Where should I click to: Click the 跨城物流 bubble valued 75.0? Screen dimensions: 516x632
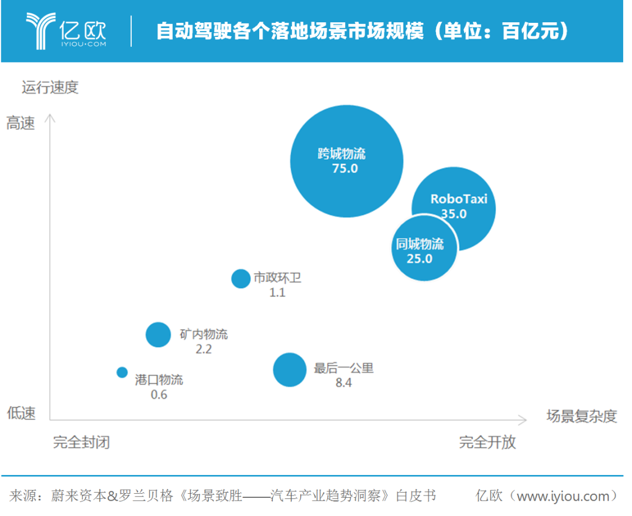pos(347,161)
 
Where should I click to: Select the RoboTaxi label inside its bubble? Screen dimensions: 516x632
pos(459,199)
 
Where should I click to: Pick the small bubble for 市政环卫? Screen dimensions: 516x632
pos(241,278)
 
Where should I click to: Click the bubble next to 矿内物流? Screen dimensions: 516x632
pos(157,334)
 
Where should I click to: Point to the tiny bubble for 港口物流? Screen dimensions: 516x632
pos(122,372)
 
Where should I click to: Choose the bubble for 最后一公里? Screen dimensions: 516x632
pos(290,370)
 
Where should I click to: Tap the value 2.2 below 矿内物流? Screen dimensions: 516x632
pos(203,350)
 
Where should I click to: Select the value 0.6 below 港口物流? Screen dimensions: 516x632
pos(159,395)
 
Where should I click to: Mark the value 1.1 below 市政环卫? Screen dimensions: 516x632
pos(277,292)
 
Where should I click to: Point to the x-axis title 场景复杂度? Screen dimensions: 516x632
pos(582,416)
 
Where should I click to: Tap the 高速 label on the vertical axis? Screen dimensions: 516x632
pos(20,124)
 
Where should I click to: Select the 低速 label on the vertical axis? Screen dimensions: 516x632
pos(21,414)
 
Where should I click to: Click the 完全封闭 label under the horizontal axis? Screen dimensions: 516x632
pos(81,442)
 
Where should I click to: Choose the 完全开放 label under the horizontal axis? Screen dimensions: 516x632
pos(487,442)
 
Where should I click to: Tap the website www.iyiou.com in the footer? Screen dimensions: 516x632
pos(563,496)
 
